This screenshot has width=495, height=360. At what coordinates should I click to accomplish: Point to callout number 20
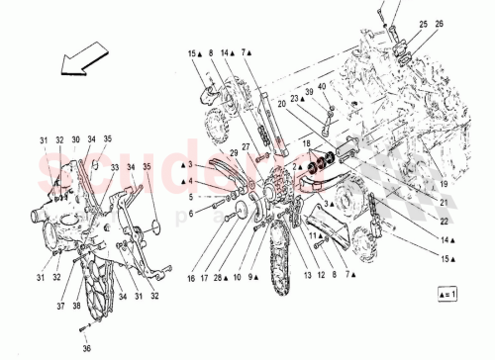coord(281,103)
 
